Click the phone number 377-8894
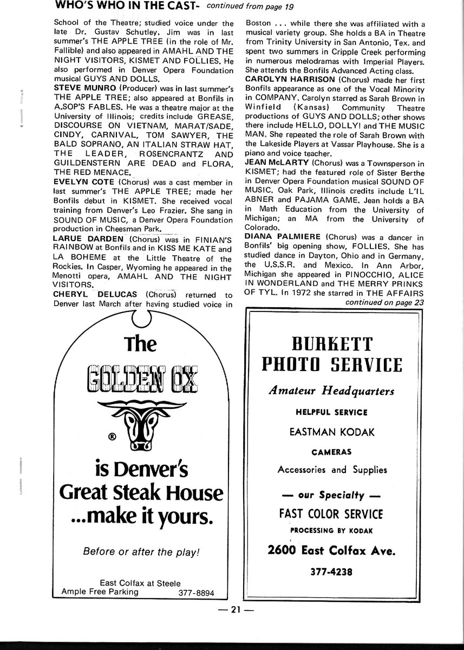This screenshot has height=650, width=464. tap(196, 593)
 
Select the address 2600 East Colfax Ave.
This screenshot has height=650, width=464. tap(332, 551)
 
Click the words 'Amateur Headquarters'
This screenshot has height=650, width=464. tap(332, 391)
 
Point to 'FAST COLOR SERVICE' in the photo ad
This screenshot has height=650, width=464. tap(331, 513)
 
